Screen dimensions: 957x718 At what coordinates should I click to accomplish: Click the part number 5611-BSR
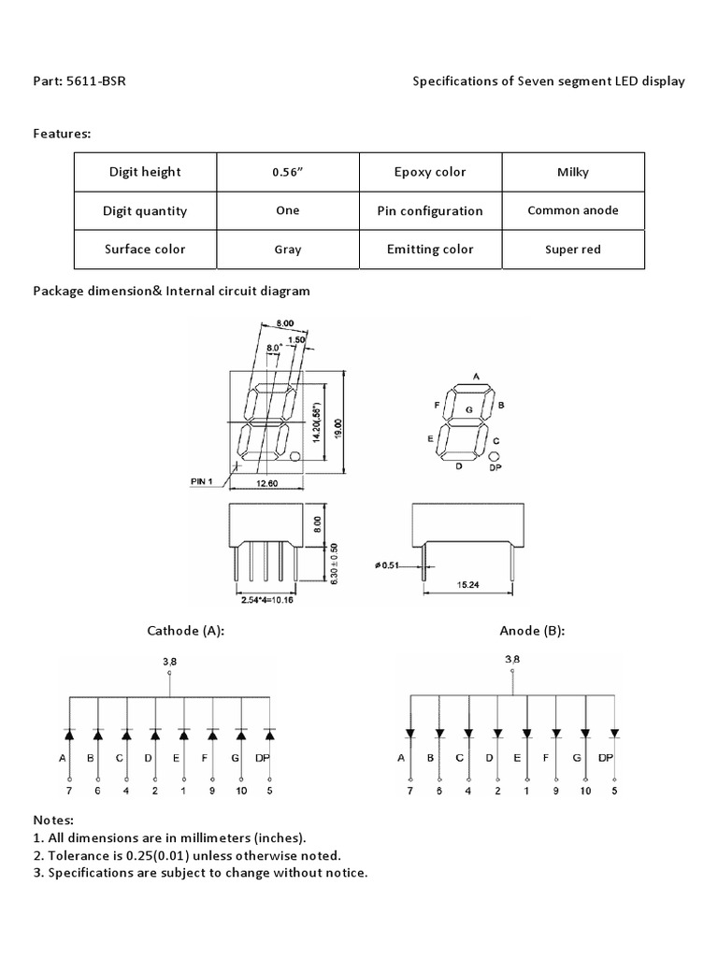[x=96, y=81]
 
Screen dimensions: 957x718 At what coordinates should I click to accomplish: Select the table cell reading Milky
[x=573, y=172]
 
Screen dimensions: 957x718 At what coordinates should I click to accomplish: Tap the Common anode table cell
[x=573, y=210]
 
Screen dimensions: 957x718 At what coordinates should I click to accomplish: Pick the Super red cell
[x=573, y=250]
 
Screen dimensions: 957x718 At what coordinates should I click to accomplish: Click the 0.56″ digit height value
[x=288, y=172]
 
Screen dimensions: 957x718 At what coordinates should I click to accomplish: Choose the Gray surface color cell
[x=288, y=250]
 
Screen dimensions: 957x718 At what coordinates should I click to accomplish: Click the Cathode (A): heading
[x=186, y=631]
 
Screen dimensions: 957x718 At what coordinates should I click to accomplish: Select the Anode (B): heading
[x=532, y=631]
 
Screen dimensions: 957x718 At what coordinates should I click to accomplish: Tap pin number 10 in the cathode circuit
[x=241, y=792]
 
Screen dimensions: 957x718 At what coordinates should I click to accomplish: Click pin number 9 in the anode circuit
[x=556, y=792]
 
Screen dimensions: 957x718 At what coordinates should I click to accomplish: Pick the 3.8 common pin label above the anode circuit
[x=511, y=660]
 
